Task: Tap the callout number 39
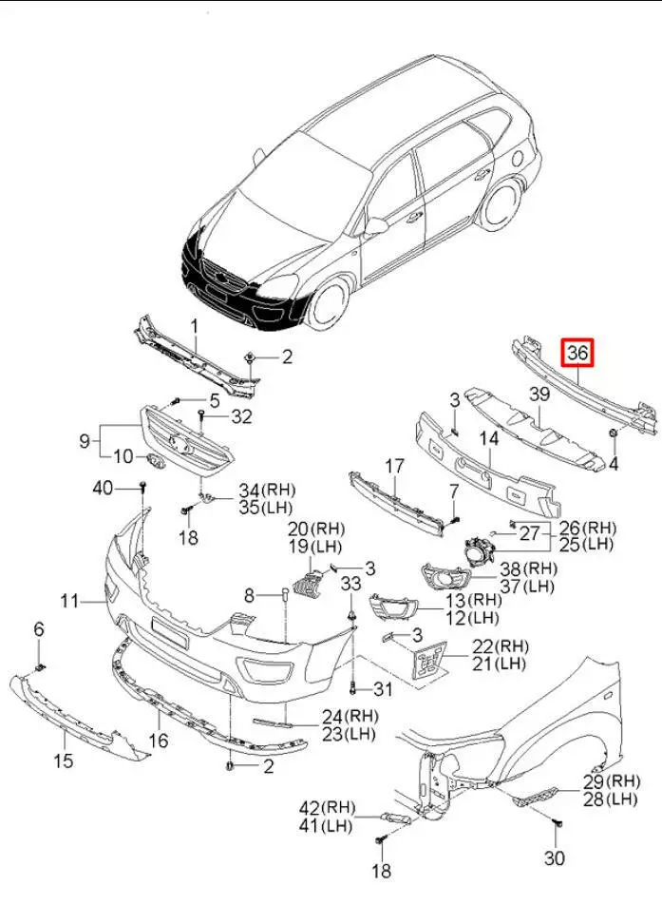tap(539, 395)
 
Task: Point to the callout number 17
tap(394, 467)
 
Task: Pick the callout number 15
tap(63, 761)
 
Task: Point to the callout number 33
tap(351, 582)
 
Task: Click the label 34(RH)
tap(267, 491)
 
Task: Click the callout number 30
tap(555, 858)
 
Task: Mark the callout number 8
tap(250, 595)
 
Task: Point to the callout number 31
tap(383, 689)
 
